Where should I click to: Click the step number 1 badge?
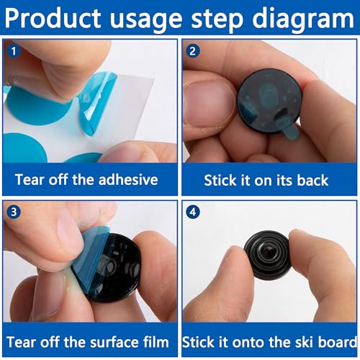pos(13,52)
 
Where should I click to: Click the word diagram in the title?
pos(303,17)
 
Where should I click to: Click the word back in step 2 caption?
pos(316,179)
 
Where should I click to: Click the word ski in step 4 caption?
pos(301,341)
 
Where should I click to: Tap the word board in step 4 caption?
pos(336,341)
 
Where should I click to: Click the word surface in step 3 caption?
pos(109,341)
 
